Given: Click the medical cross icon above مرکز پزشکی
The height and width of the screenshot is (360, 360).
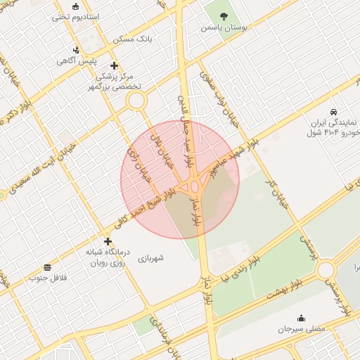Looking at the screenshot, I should coord(114,65).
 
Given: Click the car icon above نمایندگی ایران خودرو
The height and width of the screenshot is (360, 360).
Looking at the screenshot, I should coord(332,111).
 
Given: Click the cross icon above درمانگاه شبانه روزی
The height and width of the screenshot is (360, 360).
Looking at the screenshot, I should coord(108,241).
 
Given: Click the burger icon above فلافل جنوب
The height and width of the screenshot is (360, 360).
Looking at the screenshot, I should coord(47,267).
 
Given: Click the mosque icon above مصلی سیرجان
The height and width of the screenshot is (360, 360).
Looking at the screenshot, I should coord(302,318).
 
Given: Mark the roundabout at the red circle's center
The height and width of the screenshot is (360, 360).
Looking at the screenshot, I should coord(193,186).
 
